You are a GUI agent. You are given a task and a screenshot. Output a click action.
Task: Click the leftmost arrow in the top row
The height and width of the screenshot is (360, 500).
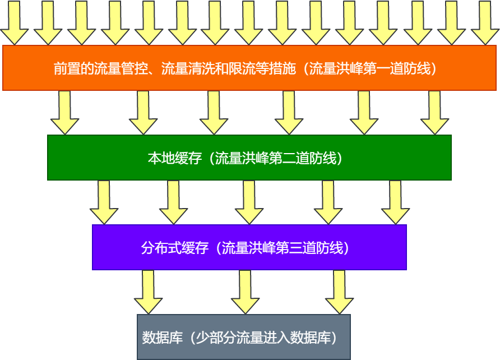[14, 22]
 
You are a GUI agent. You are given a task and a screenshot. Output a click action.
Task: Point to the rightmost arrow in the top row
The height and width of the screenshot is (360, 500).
[485, 22]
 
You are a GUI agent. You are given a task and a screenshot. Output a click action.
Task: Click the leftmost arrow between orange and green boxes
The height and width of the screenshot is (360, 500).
[64, 112]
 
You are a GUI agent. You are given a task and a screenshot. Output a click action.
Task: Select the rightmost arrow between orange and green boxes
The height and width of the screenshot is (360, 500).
[434, 112]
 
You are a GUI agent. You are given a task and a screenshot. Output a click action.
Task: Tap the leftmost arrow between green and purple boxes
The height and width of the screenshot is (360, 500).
[104, 202]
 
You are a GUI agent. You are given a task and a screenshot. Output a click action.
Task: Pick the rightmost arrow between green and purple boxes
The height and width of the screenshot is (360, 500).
[396, 202]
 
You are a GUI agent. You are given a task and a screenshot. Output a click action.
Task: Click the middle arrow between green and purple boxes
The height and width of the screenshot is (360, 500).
[249, 202]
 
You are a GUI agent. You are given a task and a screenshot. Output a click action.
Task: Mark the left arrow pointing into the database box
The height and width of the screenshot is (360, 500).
[148, 292]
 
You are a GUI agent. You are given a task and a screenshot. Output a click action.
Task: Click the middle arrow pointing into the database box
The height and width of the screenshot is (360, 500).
[245, 292]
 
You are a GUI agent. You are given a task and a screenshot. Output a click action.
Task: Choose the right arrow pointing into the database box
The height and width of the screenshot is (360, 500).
[339, 292]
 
